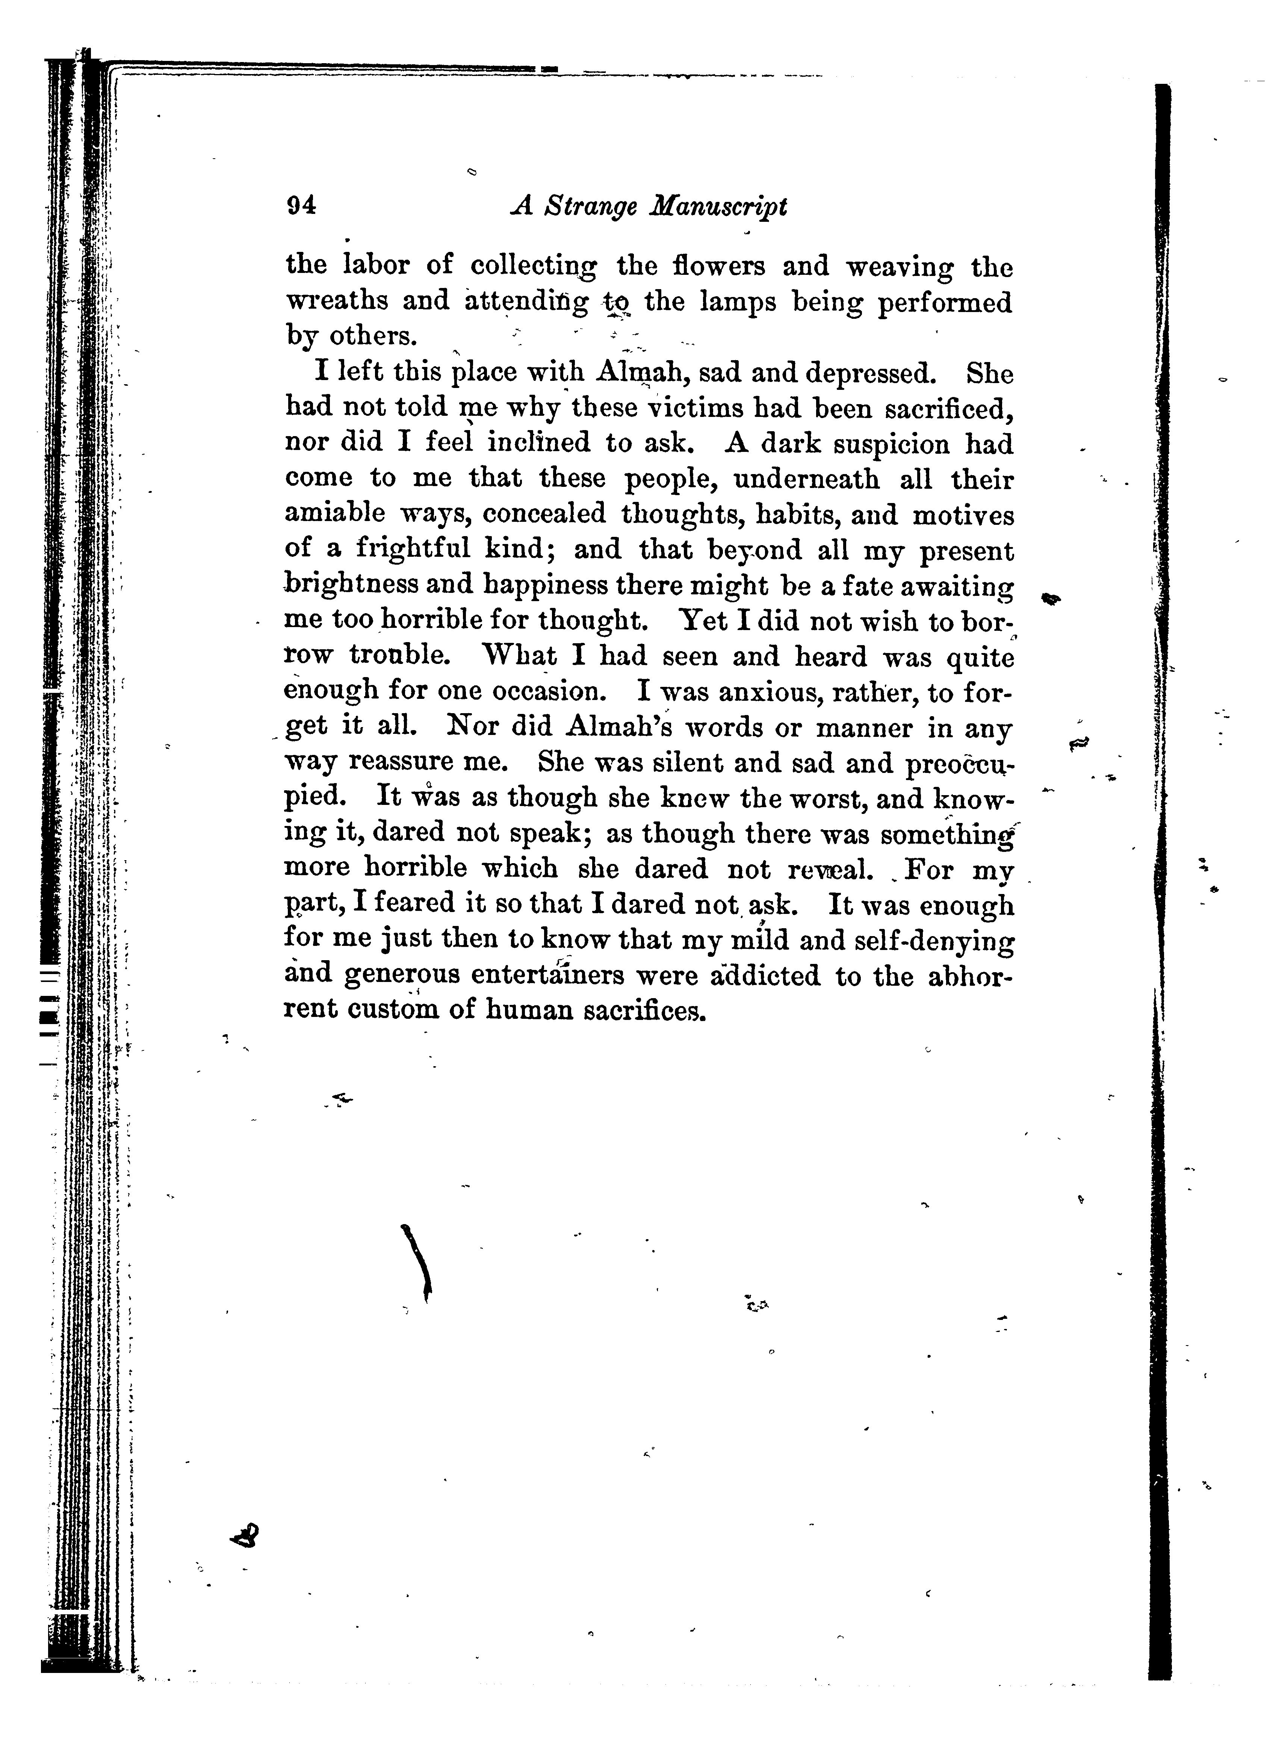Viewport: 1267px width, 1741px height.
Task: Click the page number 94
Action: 301,206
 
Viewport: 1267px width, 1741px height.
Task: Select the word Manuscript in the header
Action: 718,207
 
